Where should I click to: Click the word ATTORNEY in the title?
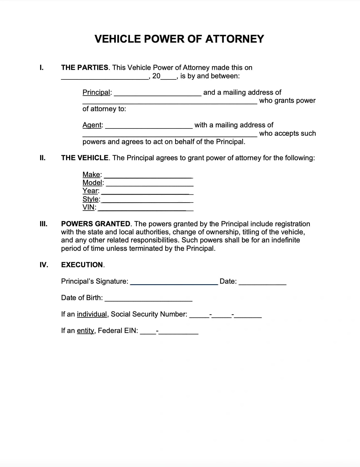tap(234, 39)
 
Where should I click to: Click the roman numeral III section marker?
tap(43, 224)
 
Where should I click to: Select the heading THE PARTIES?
tap(85, 68)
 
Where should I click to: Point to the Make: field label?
tap(92, 175)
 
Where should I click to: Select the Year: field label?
tap(91, 191)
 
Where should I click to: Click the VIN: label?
tap(89, 207)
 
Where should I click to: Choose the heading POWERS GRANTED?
tap(95, 224)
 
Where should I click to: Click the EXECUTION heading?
tap(82, 265)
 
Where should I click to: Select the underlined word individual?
tap(92, 314)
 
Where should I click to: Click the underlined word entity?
tap(85, 331)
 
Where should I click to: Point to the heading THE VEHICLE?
tap(85, 158)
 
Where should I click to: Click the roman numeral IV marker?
tap(44, 265)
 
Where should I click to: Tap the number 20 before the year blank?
tap(156, 76)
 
